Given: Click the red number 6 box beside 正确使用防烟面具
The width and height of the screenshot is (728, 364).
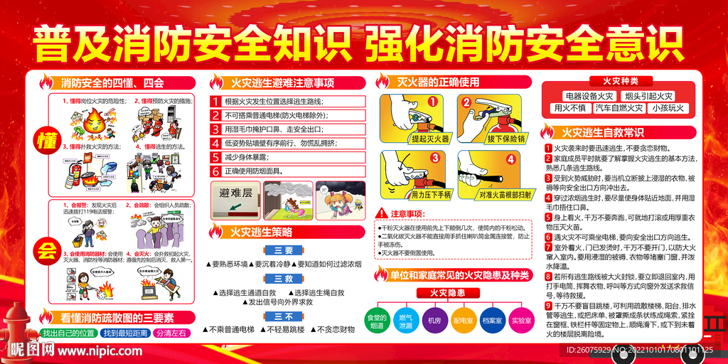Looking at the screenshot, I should tap(216, 171).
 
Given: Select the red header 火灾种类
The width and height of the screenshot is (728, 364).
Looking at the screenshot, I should tap(620, 81).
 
